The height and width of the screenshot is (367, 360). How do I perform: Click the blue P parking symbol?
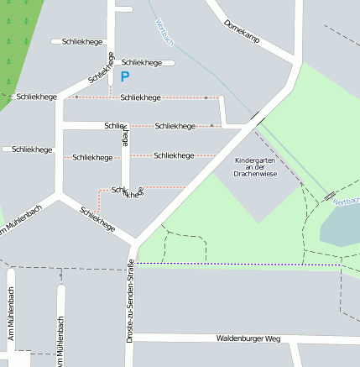125,77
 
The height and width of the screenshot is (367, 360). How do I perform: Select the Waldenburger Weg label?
247,339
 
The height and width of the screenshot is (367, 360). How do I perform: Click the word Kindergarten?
255,160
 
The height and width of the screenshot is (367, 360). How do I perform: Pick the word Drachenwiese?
255,174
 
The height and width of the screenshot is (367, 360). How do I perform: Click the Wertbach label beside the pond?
345,202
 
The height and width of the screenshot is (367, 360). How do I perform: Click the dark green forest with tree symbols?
17,42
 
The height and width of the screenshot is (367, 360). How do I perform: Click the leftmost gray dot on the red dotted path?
76,97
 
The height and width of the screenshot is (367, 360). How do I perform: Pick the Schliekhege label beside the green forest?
36,97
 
